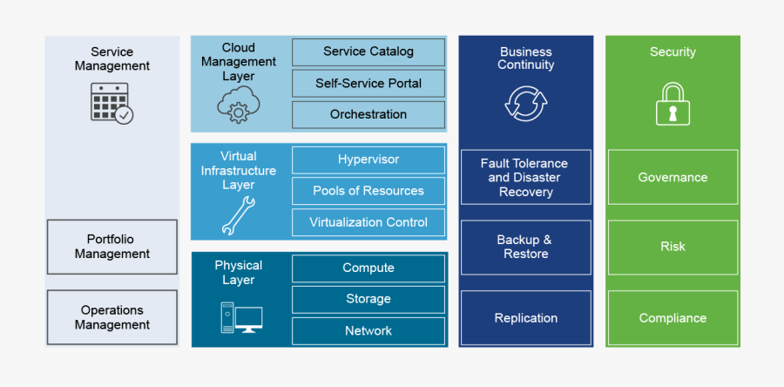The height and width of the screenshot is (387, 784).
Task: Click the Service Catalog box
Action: pyautogui.click(x=368, y=51)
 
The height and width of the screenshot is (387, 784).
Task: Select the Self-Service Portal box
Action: pyautogui.click(x=368, y=83)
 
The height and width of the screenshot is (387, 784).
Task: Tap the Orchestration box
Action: pyautogui.click(x=368, y=114)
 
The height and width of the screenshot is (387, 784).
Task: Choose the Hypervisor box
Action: pyautogui.click(x=368, y=160)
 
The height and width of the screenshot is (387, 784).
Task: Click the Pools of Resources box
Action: pyautogui.click(x=368, y=191)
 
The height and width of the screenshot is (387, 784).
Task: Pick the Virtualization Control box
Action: pyautogui.click(x=368, y=222)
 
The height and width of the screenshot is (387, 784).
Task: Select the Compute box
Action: pyautogui.click(x=368, y=268)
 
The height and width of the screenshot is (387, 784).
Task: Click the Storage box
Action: pyautogui.click(x=368, y=299)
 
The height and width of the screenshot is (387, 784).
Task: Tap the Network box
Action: pyautogui.click(x=368, y=330)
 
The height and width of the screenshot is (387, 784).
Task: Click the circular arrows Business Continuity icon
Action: pyautogui.click(x=525, y=103)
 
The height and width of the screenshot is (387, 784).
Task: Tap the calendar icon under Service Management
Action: pyautogui.click(x=112, y=103)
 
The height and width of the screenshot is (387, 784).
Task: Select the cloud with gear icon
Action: pyautogui.click(x=237, y=106)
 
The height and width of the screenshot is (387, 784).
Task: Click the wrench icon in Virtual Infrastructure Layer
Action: pyautogui.click(x=237, y=216)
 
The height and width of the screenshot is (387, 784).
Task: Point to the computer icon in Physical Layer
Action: pyautogui.click(x=240, y=317)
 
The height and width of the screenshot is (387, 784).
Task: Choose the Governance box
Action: pyautogui.click(x=672, y=177)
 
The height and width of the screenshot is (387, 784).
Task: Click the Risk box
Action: pyautogui.click(x=672, y=247)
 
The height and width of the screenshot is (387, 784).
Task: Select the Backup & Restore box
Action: pyautogui.click(x=525, y=247)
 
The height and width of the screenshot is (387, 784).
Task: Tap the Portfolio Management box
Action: pyautogui.click(x=112, y=247)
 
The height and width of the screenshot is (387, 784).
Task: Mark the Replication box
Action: pyautogui.click(x=525, y=318)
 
